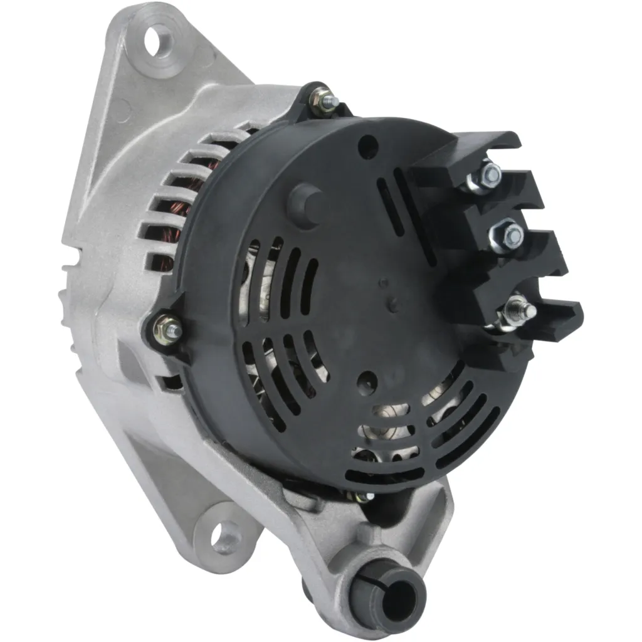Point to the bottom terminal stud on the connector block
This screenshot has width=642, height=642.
[520, 310]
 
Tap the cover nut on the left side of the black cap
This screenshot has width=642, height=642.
[169, 326]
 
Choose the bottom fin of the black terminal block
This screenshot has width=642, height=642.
[552, 320]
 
